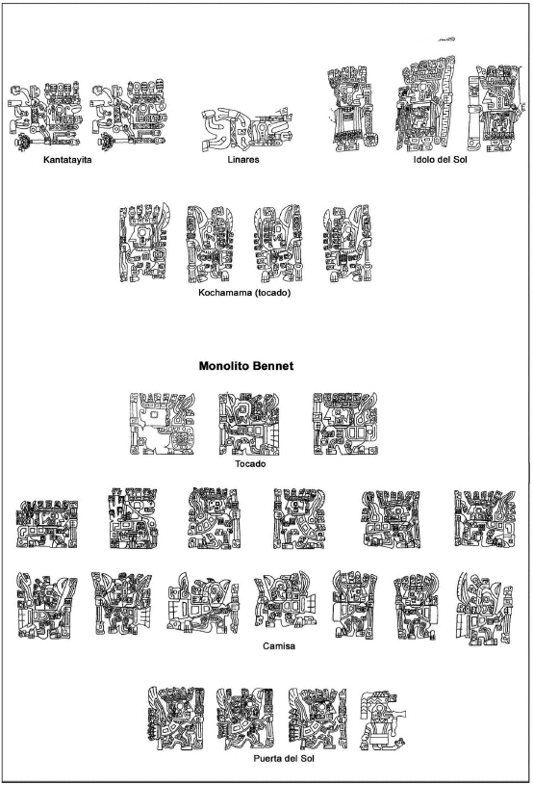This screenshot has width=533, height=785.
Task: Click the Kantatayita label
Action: pyautogui.click(x=67, y=160)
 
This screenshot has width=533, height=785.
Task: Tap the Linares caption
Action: pyautogui.click(x=243, y=160)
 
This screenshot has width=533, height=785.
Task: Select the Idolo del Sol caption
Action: pyautogui.click(x=440, y=160)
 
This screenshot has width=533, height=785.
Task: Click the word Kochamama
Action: pyautogui.click(x=224, y=293)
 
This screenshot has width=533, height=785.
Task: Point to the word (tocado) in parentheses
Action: pyautogui.click(x=272, y=293)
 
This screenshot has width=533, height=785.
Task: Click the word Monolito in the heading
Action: pyautogui.click(x=223, y=366)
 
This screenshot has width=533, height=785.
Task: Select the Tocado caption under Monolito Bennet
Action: pyautogui.click(x=250, y=464)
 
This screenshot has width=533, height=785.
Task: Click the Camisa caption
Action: pyautogui.click(x=279, y=646)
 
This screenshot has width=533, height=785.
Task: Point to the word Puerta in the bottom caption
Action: pyautogui.click(x=269, y=758)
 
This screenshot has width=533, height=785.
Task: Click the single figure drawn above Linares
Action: pyautogui.click(x=246, y=129)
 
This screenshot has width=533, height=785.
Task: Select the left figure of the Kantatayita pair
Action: pyautogui.click(x=45, y=116)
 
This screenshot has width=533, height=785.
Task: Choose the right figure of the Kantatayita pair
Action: pyautogui.click(x=129, y=116)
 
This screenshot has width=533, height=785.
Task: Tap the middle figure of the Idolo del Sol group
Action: pyautogui.click(x=426, y=104)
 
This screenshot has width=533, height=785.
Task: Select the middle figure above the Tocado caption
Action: pyautogui.click(x=248, y=424)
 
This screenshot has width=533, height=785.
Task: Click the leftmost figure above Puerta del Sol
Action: pyautogui.click(x=176, y=719)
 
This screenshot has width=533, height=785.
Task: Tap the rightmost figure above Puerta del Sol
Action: pyautogui.click(x=383, y=720)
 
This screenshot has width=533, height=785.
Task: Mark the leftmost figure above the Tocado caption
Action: pyautogui.click(x=162, y=424)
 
